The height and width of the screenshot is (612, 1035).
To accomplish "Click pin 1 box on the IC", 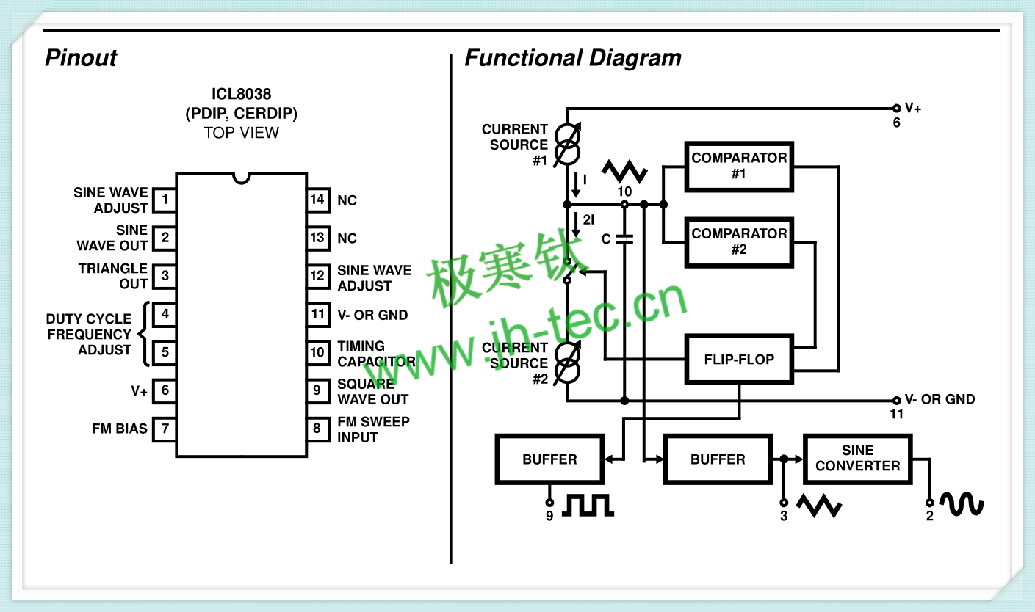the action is [165, 200].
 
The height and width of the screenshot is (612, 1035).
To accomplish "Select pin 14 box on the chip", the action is [318, 200].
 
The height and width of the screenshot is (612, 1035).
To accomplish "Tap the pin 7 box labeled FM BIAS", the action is [165, 429].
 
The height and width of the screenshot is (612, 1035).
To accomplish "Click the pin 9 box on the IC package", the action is [318, 391].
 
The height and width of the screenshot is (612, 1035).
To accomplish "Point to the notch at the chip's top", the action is [241, 178].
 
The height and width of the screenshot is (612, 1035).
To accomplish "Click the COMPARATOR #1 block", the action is [739, 167].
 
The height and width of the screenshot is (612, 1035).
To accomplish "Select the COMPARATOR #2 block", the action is [739, 242].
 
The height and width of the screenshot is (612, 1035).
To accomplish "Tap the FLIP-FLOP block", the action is [739, 360].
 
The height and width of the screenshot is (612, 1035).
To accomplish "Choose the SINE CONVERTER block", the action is [857, 459].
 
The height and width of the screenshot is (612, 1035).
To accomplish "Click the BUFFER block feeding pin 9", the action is [549, 459].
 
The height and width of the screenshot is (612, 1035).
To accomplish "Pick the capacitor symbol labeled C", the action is [624, 239].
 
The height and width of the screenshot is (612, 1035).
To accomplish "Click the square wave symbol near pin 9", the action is [588, 505].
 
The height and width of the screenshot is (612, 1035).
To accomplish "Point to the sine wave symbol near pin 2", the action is [962, 503].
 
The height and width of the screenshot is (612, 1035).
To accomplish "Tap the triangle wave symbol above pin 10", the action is [624, 172].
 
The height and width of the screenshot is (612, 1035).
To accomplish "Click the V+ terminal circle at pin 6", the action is [896, 109].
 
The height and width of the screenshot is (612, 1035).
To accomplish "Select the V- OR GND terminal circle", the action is [896, 400].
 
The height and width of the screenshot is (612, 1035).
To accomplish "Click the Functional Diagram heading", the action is [573, 58].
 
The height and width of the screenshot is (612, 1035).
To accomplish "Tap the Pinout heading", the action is [81, 58].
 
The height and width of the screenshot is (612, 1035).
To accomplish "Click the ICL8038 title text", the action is [241, 94].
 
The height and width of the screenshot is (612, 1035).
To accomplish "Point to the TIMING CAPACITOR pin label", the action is [376, 354].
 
